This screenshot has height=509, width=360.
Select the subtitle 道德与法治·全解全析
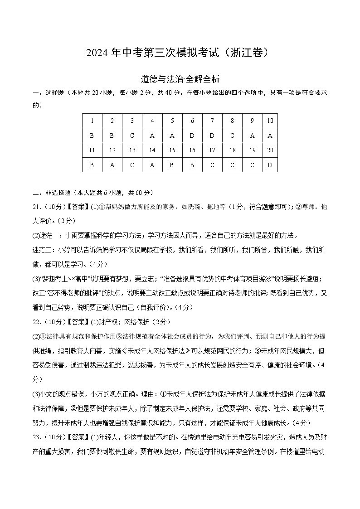pyautogui.click(x=180, y=79)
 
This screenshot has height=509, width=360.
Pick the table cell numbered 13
pyautogui.click(x=132, y=150)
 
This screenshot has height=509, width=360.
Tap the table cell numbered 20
pyautogui.click(x=270, y=150)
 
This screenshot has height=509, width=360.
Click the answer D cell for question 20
pyautogui.click(x=270, y=165)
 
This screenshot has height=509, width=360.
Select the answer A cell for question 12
pyautogui.click(x=112, y=165)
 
